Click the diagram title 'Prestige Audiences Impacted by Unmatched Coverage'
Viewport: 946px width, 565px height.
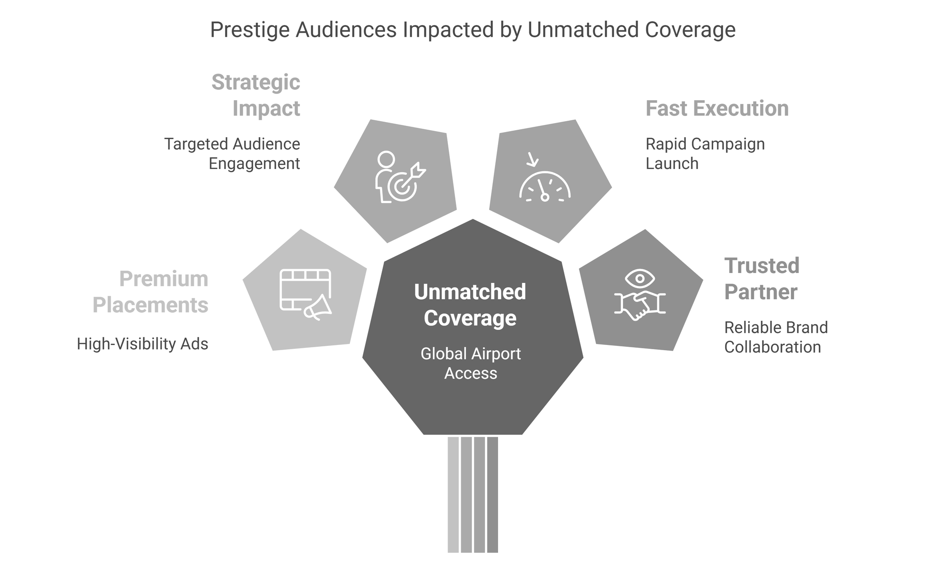[x=473, y=30]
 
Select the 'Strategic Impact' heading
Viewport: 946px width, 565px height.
[x=256, y=95]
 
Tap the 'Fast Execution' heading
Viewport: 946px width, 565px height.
[x=717, y=108]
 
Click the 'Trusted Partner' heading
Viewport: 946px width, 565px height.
[x=762, y=279]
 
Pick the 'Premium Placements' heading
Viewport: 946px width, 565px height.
[x=150, y=292]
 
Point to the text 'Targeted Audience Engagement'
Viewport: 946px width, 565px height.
[x=232, y=154]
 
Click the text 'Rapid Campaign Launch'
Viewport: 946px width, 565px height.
[x=705, y=154]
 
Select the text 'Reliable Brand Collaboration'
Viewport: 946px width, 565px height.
[x=776, y=337]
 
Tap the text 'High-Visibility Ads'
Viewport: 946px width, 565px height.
[x=142, y=344]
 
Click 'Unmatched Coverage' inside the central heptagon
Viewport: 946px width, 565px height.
[x=470, y=305]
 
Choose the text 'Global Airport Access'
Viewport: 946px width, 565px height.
[x=471, y=363]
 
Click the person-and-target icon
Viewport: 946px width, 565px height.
[x=400, y=177]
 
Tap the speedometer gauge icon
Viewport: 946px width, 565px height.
[x=545, y=187]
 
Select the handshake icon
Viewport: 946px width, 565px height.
[x=639, y=305]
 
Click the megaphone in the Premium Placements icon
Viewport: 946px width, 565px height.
[x=318, y=307]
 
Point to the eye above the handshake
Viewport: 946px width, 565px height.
[x=639, y=278]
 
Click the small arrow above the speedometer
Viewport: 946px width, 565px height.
[x=533, y=159]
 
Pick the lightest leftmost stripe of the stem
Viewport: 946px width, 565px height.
[x=453, y=494]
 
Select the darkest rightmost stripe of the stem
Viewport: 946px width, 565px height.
[x=492, y=494]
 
